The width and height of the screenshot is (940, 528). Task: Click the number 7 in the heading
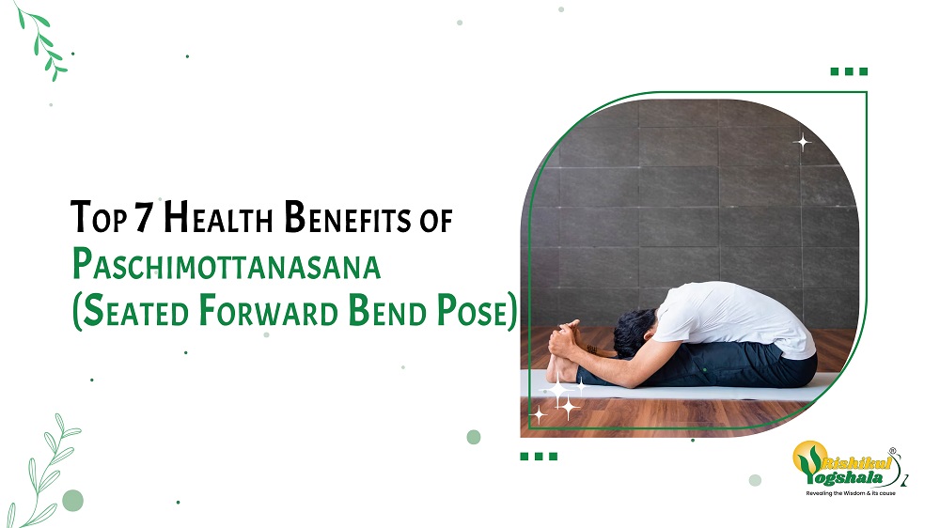pos(145,216)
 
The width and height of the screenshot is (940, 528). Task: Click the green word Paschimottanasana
pos(227,264)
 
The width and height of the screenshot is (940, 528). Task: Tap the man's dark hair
pos(633,333)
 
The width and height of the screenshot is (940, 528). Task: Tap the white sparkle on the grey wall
pos(802,143)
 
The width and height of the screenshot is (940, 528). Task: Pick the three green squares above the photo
pos(849,71)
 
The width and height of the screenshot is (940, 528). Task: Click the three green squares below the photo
pos(539,456)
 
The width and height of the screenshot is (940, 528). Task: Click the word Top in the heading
pos(99,217)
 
